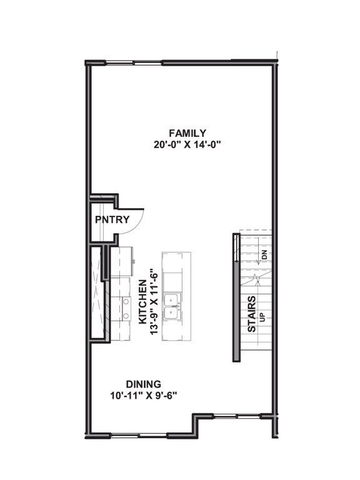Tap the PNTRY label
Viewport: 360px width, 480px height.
pyautogui.click(x=112, y=219)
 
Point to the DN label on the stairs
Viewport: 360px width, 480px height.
pyautogui.click(x=264, y=254)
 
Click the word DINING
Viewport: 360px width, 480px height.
pyautogui.click(x=144, y=384)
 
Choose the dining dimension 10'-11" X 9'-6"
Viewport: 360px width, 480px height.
pyautogui.click(x=144, y=395)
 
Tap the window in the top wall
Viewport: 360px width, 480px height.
pyautogui.click(x=148, y=62)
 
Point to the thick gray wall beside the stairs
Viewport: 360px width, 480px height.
pyautogui.click(x=236, y=297)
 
